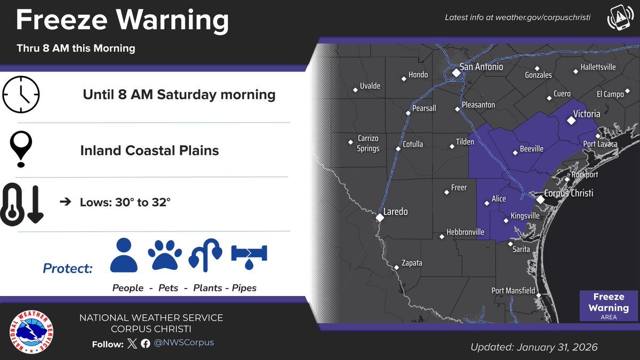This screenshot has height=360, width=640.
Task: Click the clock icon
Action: click(x=21, y=95)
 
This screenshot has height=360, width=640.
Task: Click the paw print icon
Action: click(x=165, y=255)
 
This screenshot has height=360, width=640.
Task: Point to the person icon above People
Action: click(x=124, y=254)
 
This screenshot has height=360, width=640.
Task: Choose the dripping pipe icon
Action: click(x=249, y=254)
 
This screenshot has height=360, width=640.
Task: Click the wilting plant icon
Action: click(x=205, y=255)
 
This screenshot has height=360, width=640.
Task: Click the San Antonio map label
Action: click(x=481, y=67)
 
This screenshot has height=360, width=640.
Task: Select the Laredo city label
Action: click(x=396, y=212)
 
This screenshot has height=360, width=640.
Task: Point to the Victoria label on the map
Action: click(x=586, y=114)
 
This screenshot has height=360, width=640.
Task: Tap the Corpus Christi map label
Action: click(x=569, y=193)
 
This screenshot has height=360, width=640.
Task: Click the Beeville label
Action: click(x=532, y=149)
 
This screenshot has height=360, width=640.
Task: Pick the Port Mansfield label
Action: click(x=513, y=291)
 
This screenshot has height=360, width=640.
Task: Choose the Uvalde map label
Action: click(x=370, y=86)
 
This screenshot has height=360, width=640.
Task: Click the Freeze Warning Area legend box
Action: click(x=609, y=306)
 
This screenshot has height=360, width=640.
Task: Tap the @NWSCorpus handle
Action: click(x=184, y=342)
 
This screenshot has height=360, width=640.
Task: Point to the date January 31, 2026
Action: click(x=557, y=347)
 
